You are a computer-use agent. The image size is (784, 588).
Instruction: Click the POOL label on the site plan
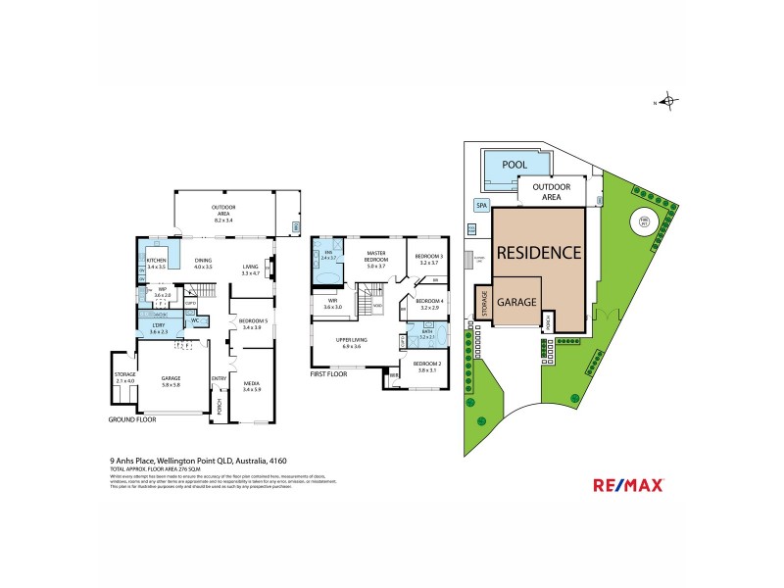click(513, 166)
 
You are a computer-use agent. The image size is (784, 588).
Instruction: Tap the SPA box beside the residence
click(481, 206)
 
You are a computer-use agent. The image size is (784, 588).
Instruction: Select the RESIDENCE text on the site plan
click(538, 251)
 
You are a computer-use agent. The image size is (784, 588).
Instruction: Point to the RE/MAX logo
click(628, 484)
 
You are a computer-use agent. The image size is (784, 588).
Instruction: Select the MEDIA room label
click(251, 385)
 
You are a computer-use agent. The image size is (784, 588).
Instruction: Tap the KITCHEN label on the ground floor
click(157, 261)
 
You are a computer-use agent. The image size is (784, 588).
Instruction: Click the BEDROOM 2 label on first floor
click(428, 365)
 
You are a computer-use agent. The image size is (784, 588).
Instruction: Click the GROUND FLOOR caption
click(132, 418)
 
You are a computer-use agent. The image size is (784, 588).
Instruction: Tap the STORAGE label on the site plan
click(482, 303)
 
